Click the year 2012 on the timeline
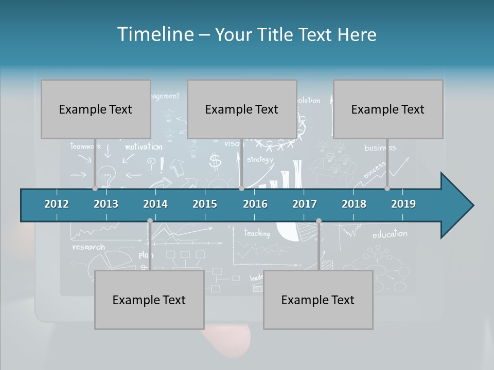point(57,204)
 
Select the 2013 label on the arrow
point(106,204)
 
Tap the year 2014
point(155,204)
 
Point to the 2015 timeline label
point(205,204)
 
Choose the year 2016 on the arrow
point(255,204)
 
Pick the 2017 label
point(305,204)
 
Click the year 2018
point(354,204)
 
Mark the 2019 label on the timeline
point(403,204)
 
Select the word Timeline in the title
point(154,34)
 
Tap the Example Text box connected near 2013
point(96,109)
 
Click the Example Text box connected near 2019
point(388,109)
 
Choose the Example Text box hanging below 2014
point(149,300)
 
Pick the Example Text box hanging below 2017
point(318,300)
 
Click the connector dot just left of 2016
point(241,188)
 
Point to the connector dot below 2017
point(319,221)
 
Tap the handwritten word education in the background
point(390,234)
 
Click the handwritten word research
point(89,247)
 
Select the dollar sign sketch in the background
point(215,161)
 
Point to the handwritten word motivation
point(144,147)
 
